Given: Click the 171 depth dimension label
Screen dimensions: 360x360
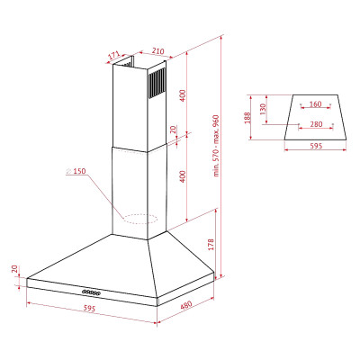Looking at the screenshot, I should coord(114,56).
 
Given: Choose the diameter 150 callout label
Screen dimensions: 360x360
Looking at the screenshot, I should coord(79,171).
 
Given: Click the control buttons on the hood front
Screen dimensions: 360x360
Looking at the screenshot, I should coord(90,292).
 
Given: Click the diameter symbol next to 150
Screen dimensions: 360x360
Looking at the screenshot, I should coord(68,171).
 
